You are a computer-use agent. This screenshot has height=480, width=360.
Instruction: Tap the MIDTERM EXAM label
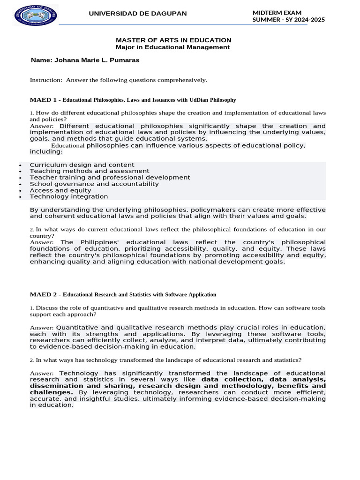click(x=277, y=13)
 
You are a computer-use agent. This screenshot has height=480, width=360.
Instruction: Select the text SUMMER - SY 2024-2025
click(x=288, y=20)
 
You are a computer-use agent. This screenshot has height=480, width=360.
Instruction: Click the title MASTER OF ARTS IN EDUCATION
click(x=173, y=40)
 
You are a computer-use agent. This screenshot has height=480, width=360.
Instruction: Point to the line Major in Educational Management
click(x=172, y=47)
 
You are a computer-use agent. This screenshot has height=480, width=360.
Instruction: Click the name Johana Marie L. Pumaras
click(x=85, y=60)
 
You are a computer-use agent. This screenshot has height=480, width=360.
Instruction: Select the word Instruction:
click(x=46, y=80)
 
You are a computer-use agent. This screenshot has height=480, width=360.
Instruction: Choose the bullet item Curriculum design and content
click(x=82, y=165)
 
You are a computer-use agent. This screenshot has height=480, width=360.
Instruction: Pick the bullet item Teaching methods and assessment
click(x=90, y=172)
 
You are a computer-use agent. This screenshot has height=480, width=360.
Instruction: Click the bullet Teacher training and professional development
click(x=110, y=178)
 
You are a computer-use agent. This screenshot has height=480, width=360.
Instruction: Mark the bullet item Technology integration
click(x=69, y=197)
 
